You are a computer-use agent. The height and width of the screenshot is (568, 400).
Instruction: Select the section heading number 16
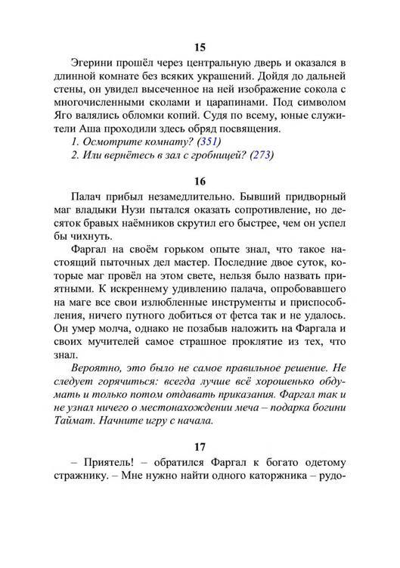point(200,182)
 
